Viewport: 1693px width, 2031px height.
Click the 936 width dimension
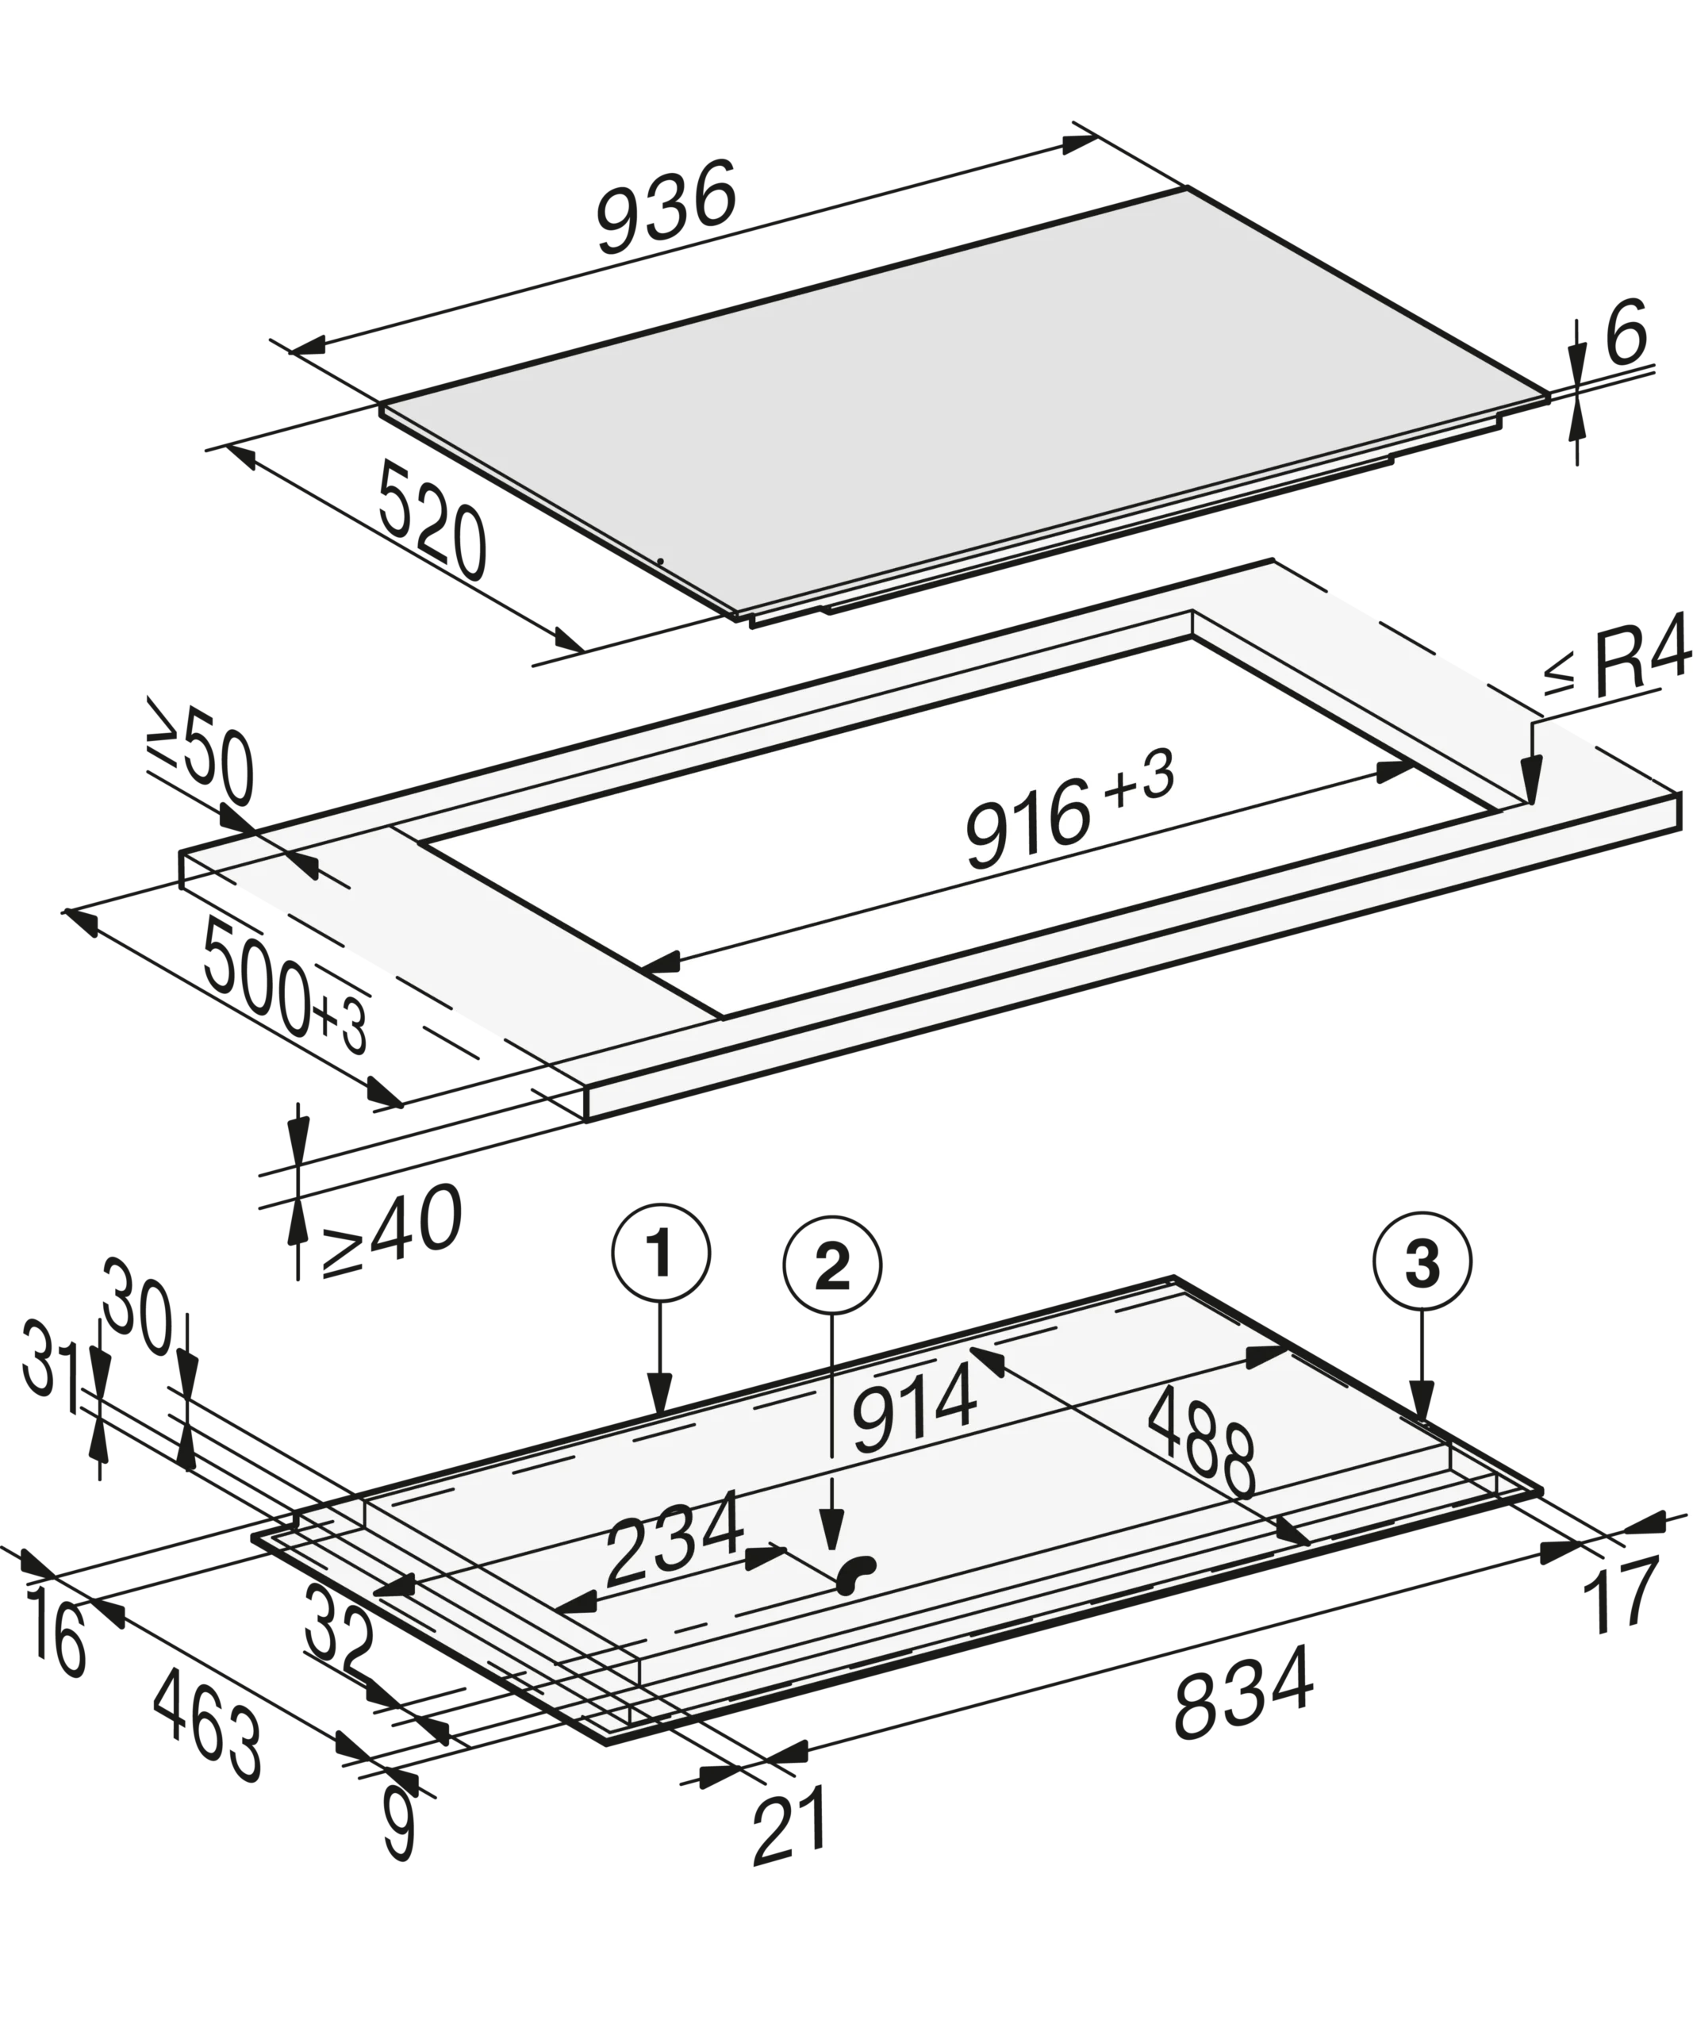tap(666, 207)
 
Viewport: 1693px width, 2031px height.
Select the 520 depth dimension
tap(432, 520)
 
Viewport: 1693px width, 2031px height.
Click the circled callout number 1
tap(660, 1253)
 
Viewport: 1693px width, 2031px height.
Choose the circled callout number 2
tap(832, 1265)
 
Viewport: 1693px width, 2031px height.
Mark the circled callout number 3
tap(1422, 1261)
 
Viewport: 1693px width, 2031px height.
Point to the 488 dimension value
tap(1202, 1441)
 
